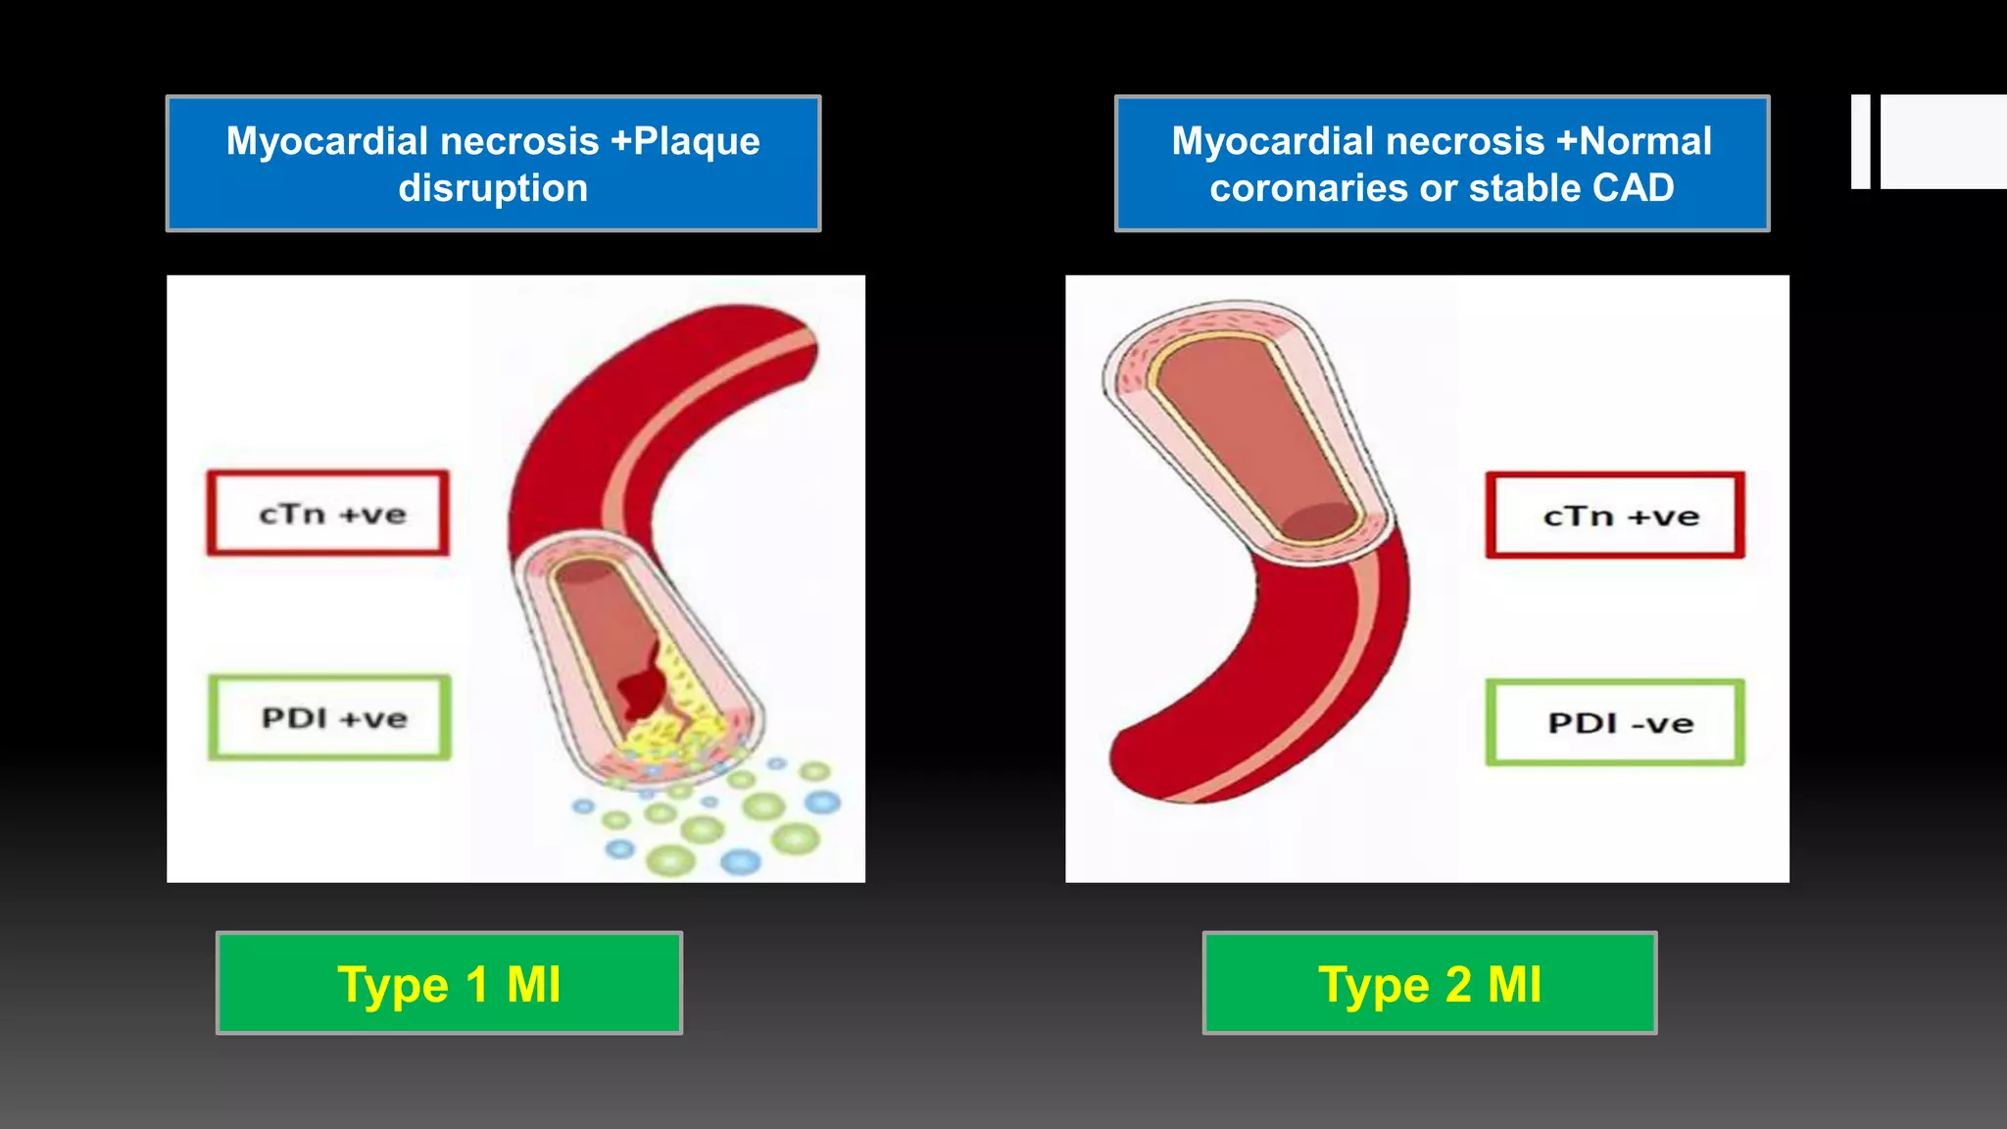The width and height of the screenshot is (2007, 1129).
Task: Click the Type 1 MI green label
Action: (x=449, y=983)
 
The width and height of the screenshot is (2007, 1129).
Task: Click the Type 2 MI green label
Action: (x=1430, y=983)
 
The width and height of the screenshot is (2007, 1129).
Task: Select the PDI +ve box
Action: (x=330, y=717)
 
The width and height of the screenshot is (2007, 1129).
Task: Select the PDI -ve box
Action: (x=1615, y=722)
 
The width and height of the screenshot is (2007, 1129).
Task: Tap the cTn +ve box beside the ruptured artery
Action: (x=328, y=514)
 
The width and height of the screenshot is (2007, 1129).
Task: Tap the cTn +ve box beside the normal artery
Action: (x=1615, y=515)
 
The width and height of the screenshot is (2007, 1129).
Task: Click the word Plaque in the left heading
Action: (x=697, y=141)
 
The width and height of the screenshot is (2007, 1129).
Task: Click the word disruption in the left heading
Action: (x=493, y=188)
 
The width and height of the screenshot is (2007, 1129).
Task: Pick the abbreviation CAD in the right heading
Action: (x=1634, y=188)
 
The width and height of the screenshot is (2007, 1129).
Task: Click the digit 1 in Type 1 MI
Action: (x=477, y=984)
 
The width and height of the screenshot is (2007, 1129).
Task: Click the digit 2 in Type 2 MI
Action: (x=1458, y=984)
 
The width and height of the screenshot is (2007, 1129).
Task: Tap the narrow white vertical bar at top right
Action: (x=1860, y=141)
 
